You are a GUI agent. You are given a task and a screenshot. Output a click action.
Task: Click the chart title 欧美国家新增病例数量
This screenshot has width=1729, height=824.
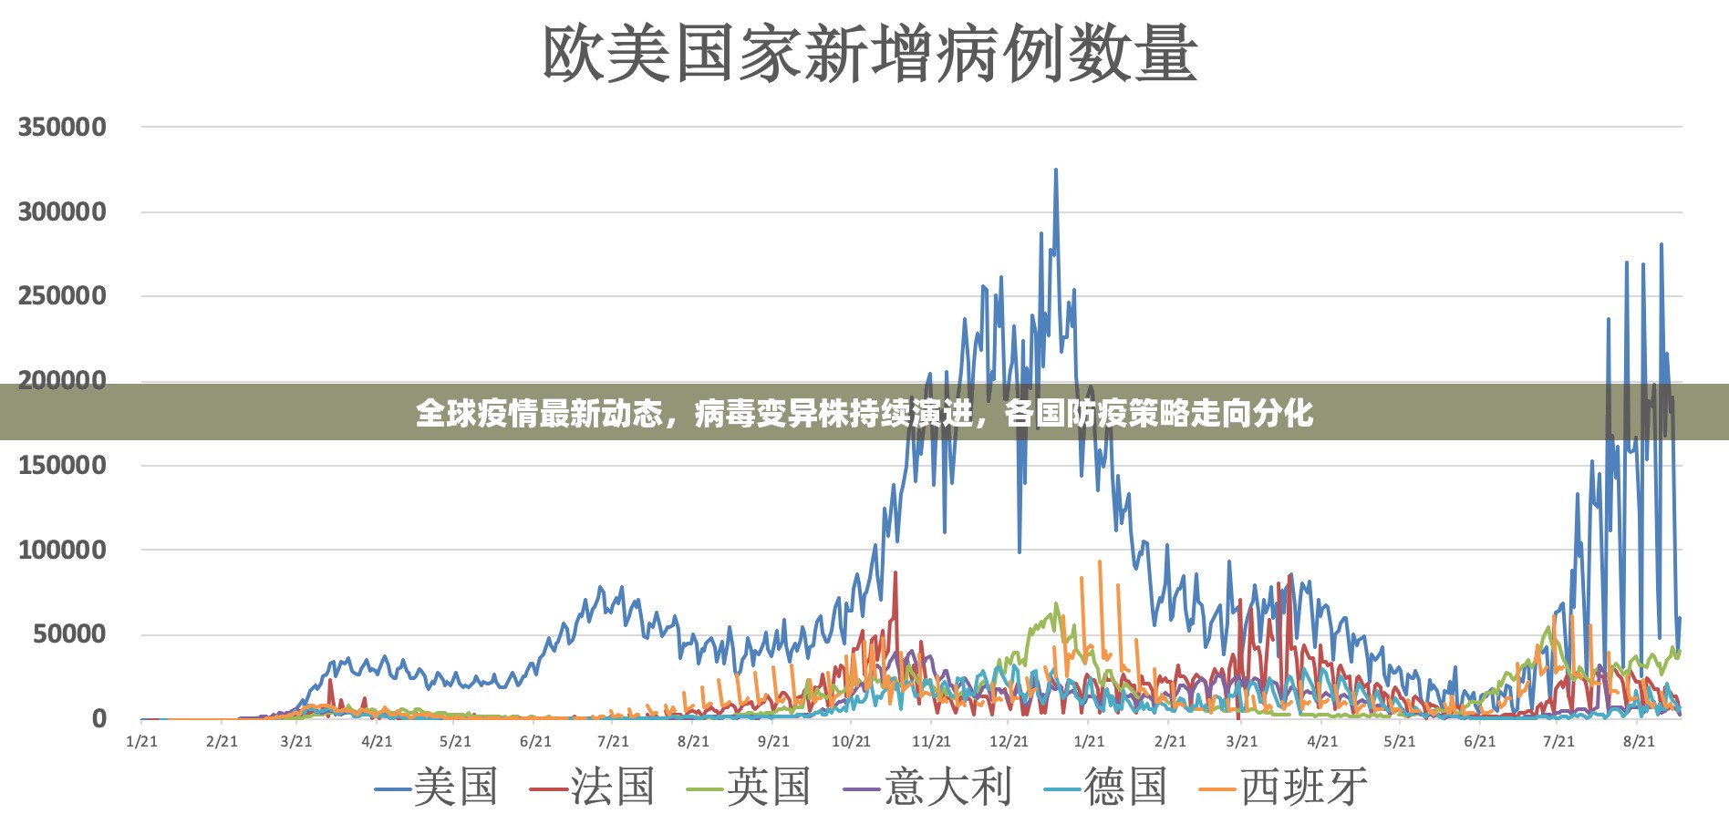pos(869,54)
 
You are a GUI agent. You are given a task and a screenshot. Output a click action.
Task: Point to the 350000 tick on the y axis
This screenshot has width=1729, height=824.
pos(62,128)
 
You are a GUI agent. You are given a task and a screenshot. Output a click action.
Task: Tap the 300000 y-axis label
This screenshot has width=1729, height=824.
pos(62,212)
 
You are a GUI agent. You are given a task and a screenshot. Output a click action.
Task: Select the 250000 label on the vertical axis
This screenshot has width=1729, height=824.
pos(62,296)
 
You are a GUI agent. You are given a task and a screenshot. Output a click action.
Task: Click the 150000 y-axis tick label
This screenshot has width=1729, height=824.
pos(62,466)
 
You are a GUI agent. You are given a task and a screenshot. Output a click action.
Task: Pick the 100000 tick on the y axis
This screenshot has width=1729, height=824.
pos(62,551)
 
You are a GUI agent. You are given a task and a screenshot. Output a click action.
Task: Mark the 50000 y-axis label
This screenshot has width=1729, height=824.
pos(69,634)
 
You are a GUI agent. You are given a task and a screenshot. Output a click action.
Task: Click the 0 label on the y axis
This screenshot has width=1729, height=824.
pos(98,719)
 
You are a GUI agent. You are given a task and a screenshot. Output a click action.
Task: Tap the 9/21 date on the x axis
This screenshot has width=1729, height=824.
pos(773,742)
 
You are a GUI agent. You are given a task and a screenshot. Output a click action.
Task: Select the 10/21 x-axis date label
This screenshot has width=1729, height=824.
pos(851,742)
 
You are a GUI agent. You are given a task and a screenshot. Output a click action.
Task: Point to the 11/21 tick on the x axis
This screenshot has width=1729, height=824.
pos(931,742)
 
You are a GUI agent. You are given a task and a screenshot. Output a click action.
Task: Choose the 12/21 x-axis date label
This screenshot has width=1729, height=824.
pos(1009,742)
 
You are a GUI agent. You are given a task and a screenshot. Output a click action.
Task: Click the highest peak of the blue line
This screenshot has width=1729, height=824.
pos(1056,170)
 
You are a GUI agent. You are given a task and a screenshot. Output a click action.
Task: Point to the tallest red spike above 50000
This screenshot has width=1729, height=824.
pos(896,573)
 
